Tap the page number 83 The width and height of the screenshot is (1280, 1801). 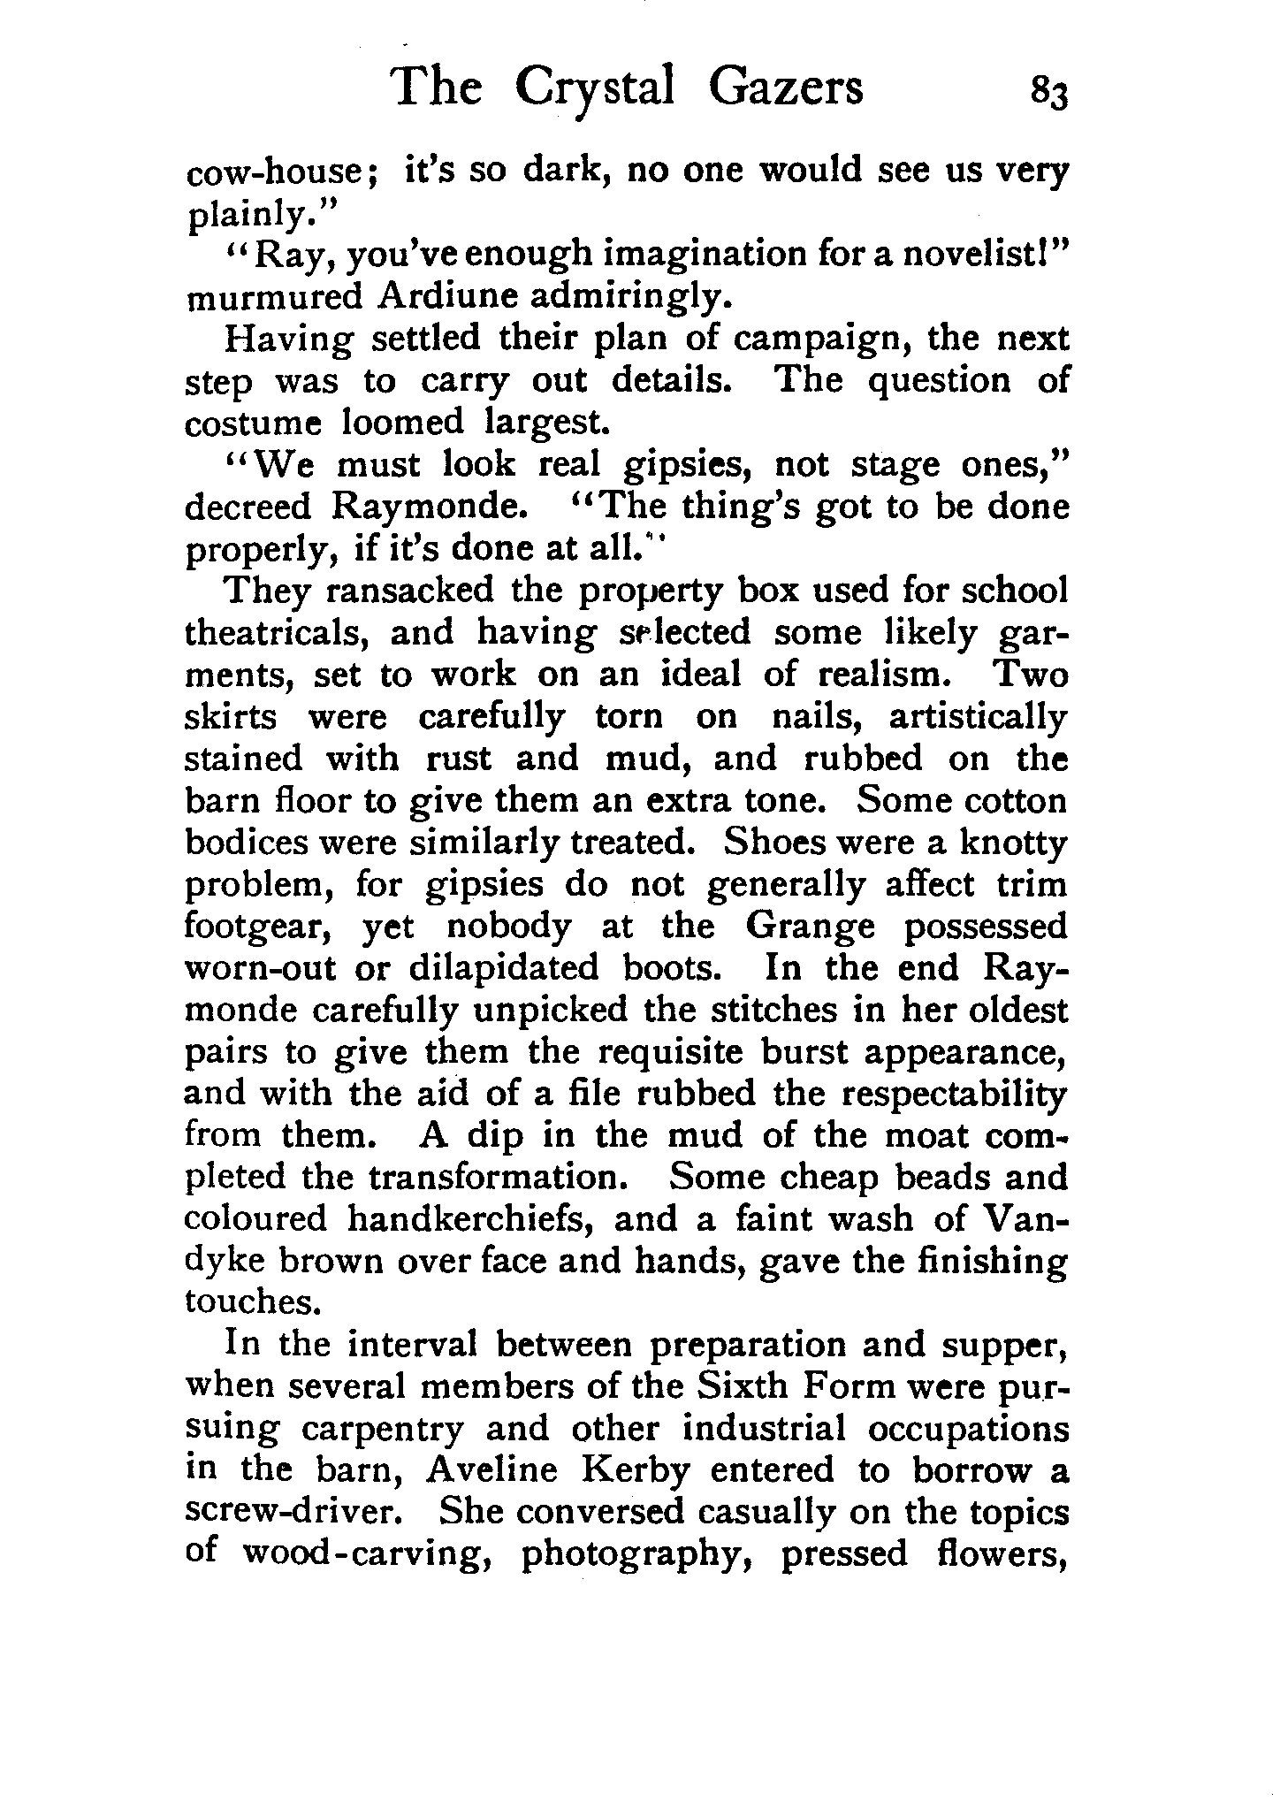point(1048,93)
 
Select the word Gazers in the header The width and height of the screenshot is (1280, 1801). point(786,89)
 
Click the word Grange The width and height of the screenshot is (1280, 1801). point(811,927)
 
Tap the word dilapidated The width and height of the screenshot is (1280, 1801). point(504,969)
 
